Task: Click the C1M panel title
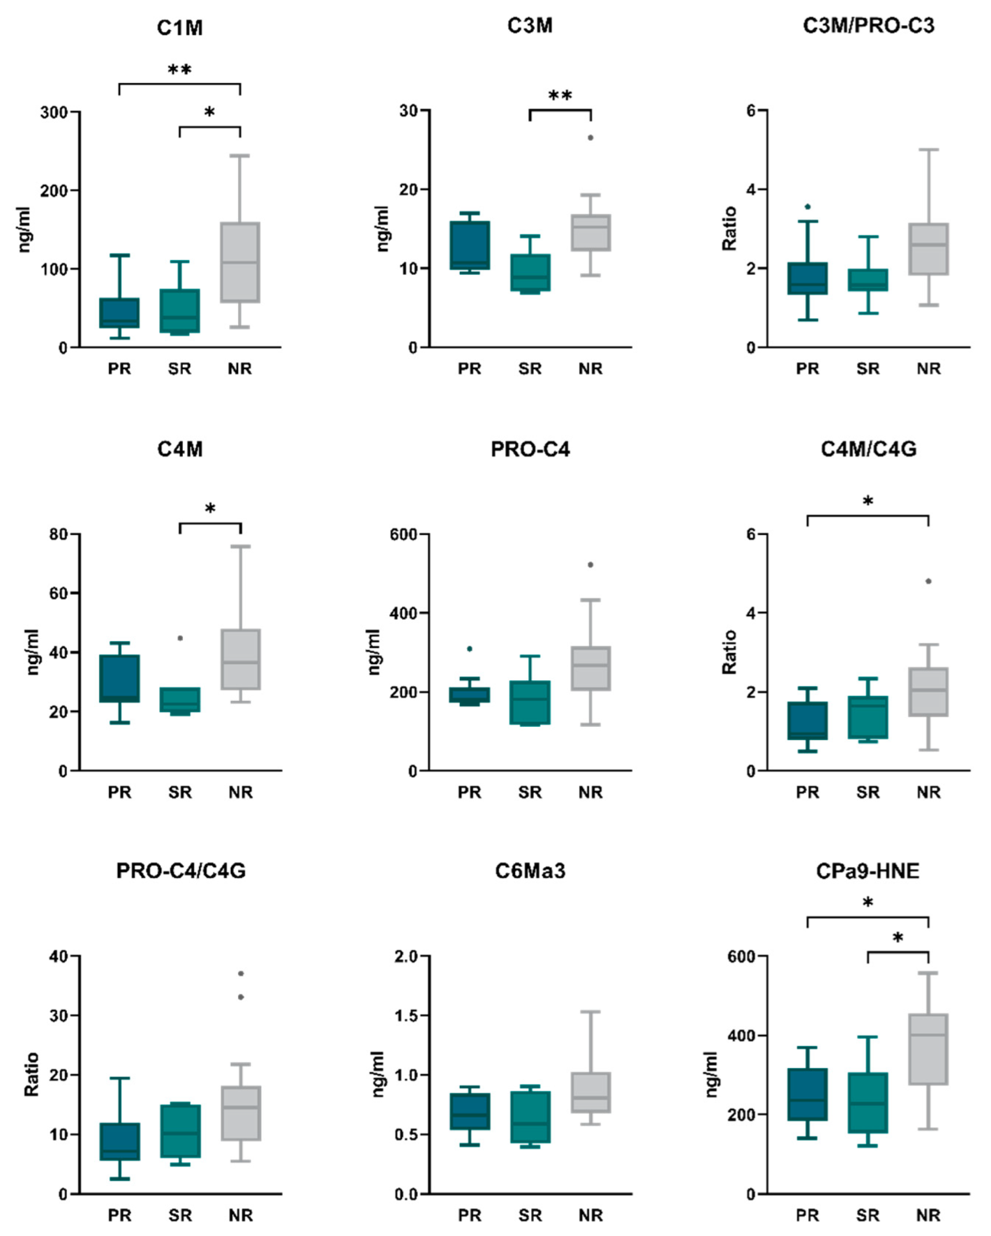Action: click(x=179, y=28)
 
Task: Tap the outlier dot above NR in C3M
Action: click(x=590, y=138)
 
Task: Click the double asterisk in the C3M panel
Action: click(x=560, y=96)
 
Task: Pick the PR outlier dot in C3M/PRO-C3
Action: click(x=808, y=206)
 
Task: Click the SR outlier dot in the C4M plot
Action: click(x=180, y=638)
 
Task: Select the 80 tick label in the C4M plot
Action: click(x=58, y=534)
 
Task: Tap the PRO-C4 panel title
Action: click(x=530, y=449)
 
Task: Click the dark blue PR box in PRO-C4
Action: click(x=470, y=695)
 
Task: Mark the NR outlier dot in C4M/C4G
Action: click(x=928, y=581)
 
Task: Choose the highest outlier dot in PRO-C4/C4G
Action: click(x=241, y=974)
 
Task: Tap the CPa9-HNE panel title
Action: click(x=868, y=871)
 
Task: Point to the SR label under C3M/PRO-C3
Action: click(x=868, y=368)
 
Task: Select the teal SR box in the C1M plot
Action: click(x=179, y=311)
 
